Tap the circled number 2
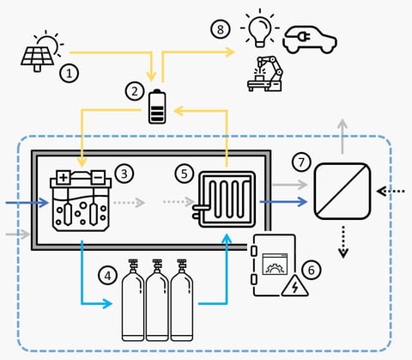tap(133, 88)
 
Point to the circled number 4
tap(106, 277)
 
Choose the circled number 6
tap(312, 269)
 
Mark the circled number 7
tap(300, 162)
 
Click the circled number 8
tap(221, 29)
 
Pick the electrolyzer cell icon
tap(82, 203)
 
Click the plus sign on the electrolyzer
tap(63, 178)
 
